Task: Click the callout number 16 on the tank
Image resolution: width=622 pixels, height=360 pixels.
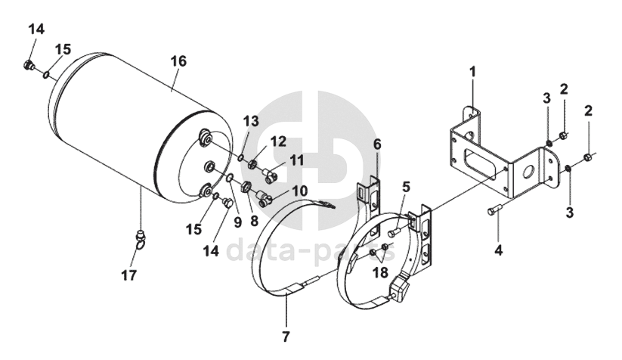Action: pos(178,61)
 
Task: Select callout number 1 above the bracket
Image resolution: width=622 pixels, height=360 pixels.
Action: pos(472,73)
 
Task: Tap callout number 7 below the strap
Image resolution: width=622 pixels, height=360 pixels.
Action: pos(286,337)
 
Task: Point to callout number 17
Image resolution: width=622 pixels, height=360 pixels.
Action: pos(129,275)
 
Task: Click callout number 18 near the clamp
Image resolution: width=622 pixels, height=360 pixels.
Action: pos(379,273)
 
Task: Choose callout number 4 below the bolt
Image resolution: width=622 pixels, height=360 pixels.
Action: pos(498,250)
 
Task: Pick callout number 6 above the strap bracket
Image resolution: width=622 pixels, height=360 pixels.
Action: pos(377,144)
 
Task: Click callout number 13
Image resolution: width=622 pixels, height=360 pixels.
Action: pos(251,121)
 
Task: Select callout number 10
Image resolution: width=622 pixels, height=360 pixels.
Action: pos(299,191)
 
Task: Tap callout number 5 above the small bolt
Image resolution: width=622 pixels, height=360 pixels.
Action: pos(404,187)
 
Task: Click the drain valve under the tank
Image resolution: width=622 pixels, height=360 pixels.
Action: pos(141,239)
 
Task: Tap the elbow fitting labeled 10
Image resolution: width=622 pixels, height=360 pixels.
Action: pos(265,197)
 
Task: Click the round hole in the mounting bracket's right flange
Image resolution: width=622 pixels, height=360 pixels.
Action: pos(529,173)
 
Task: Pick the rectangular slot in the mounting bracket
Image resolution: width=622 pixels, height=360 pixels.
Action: pos(480,164)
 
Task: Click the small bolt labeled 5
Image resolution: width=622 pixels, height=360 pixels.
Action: pos(393,231)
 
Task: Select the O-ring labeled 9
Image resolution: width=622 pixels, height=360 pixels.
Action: pos(230,178)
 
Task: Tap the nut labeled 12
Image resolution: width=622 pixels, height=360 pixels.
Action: pos(252,163)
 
